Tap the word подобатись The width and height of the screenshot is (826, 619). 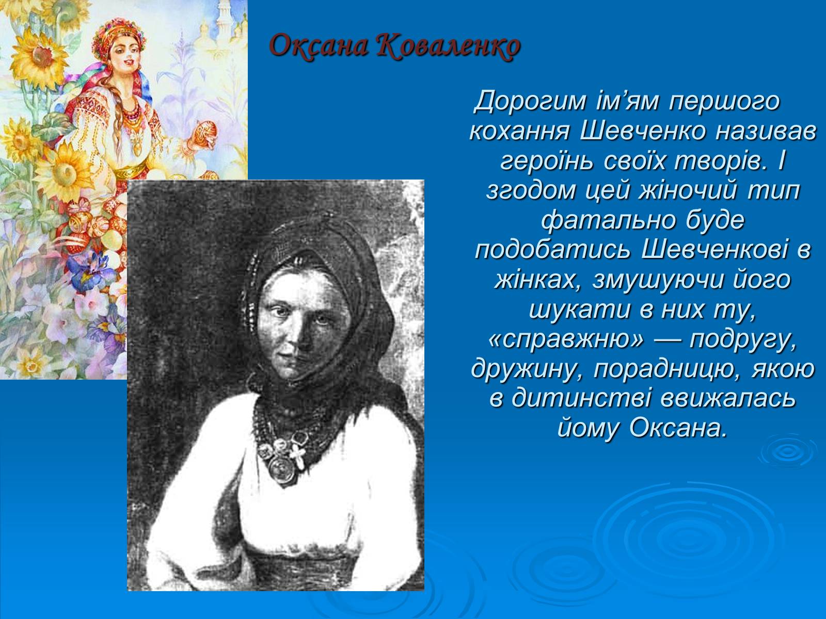552,250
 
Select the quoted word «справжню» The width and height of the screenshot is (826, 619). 567,339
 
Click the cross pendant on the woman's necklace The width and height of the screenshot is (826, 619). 298,457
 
